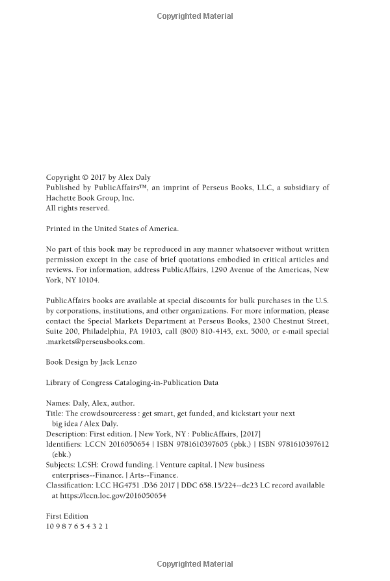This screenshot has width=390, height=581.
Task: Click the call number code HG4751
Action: (x=116, y=485)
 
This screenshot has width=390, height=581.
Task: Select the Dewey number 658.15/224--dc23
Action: (x=212, y=485)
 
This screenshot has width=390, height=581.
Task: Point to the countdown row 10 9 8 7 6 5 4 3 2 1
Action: (x=77, y=526)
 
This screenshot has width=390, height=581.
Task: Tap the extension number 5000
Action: (x=266, y=331)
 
